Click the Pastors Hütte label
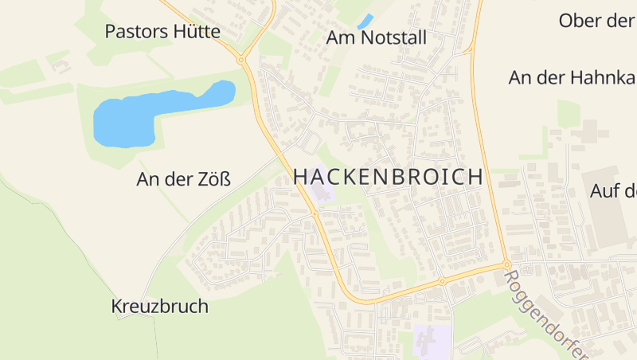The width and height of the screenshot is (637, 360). tap(162, 32)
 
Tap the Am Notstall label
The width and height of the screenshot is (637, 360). tap(377, 37)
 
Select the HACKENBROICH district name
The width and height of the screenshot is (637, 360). tap(388, 177)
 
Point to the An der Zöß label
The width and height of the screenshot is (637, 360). tap(183, 179)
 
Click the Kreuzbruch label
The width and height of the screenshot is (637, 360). tap(159, 306)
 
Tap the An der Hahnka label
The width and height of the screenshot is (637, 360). tap(572, 77)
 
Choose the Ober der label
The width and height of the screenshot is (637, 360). tap(597, 20)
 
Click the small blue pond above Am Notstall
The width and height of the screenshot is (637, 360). tap(365, 22)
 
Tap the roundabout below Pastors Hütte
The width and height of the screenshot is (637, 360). tap(240, 59)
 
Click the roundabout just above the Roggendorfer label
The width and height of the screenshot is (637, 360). tap(506, 264)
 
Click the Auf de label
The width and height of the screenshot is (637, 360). tap(613, 191)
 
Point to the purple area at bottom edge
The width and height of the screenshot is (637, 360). tap(432, 342)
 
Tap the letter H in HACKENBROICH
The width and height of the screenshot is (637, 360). tap(301, 177)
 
